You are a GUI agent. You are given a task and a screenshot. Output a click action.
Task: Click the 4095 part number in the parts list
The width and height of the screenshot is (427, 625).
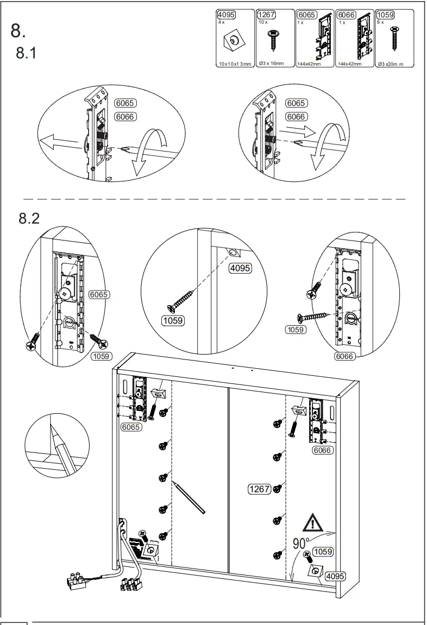coord(226,15)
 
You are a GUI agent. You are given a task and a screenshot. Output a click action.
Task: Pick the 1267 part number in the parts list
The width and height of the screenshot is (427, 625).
coord(266,15)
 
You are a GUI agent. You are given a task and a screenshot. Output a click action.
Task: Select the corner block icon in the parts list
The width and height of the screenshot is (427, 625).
coord(231,41)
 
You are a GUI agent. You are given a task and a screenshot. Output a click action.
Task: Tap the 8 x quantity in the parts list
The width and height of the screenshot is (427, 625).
coord(381,22)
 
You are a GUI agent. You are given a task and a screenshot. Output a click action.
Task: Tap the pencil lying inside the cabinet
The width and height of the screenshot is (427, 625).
coord(189,497)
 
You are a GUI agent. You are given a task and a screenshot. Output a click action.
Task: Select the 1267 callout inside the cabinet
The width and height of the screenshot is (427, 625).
coord(259,489)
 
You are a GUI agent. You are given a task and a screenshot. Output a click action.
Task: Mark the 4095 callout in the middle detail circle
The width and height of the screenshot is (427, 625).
coord(240,267)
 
